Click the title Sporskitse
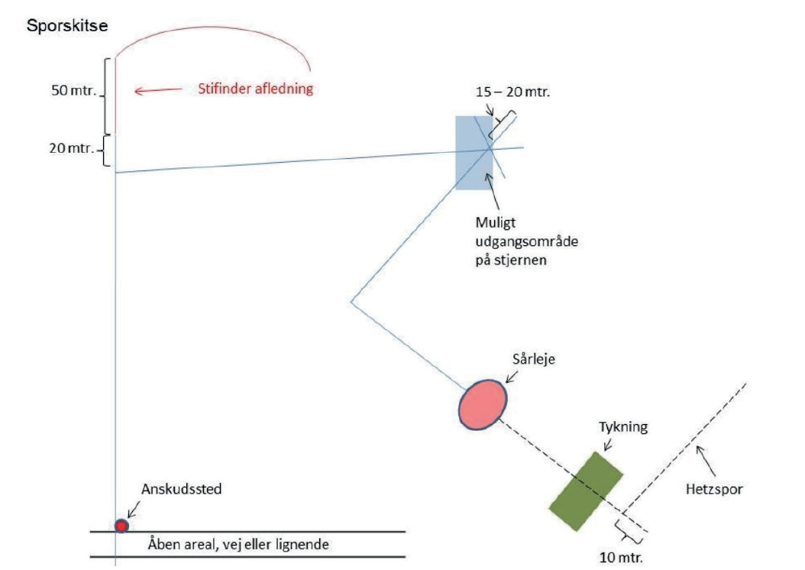click(x=67, y=26)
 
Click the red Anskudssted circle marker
click(x=121, y=526)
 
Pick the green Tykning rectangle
click(x=587, y=490)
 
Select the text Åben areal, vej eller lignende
click(x=238, y=544)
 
